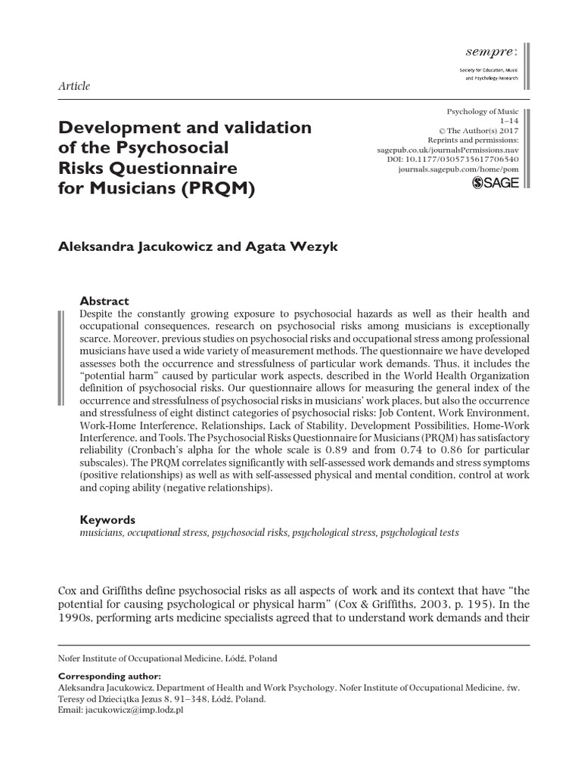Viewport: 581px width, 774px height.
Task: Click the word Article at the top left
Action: pyautogui.click(x=74, y=86)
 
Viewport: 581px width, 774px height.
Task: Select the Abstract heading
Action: pyautogui.click(x=104, y=300)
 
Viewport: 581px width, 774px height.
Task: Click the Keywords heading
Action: pyautogui.click(x=107, y=519)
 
